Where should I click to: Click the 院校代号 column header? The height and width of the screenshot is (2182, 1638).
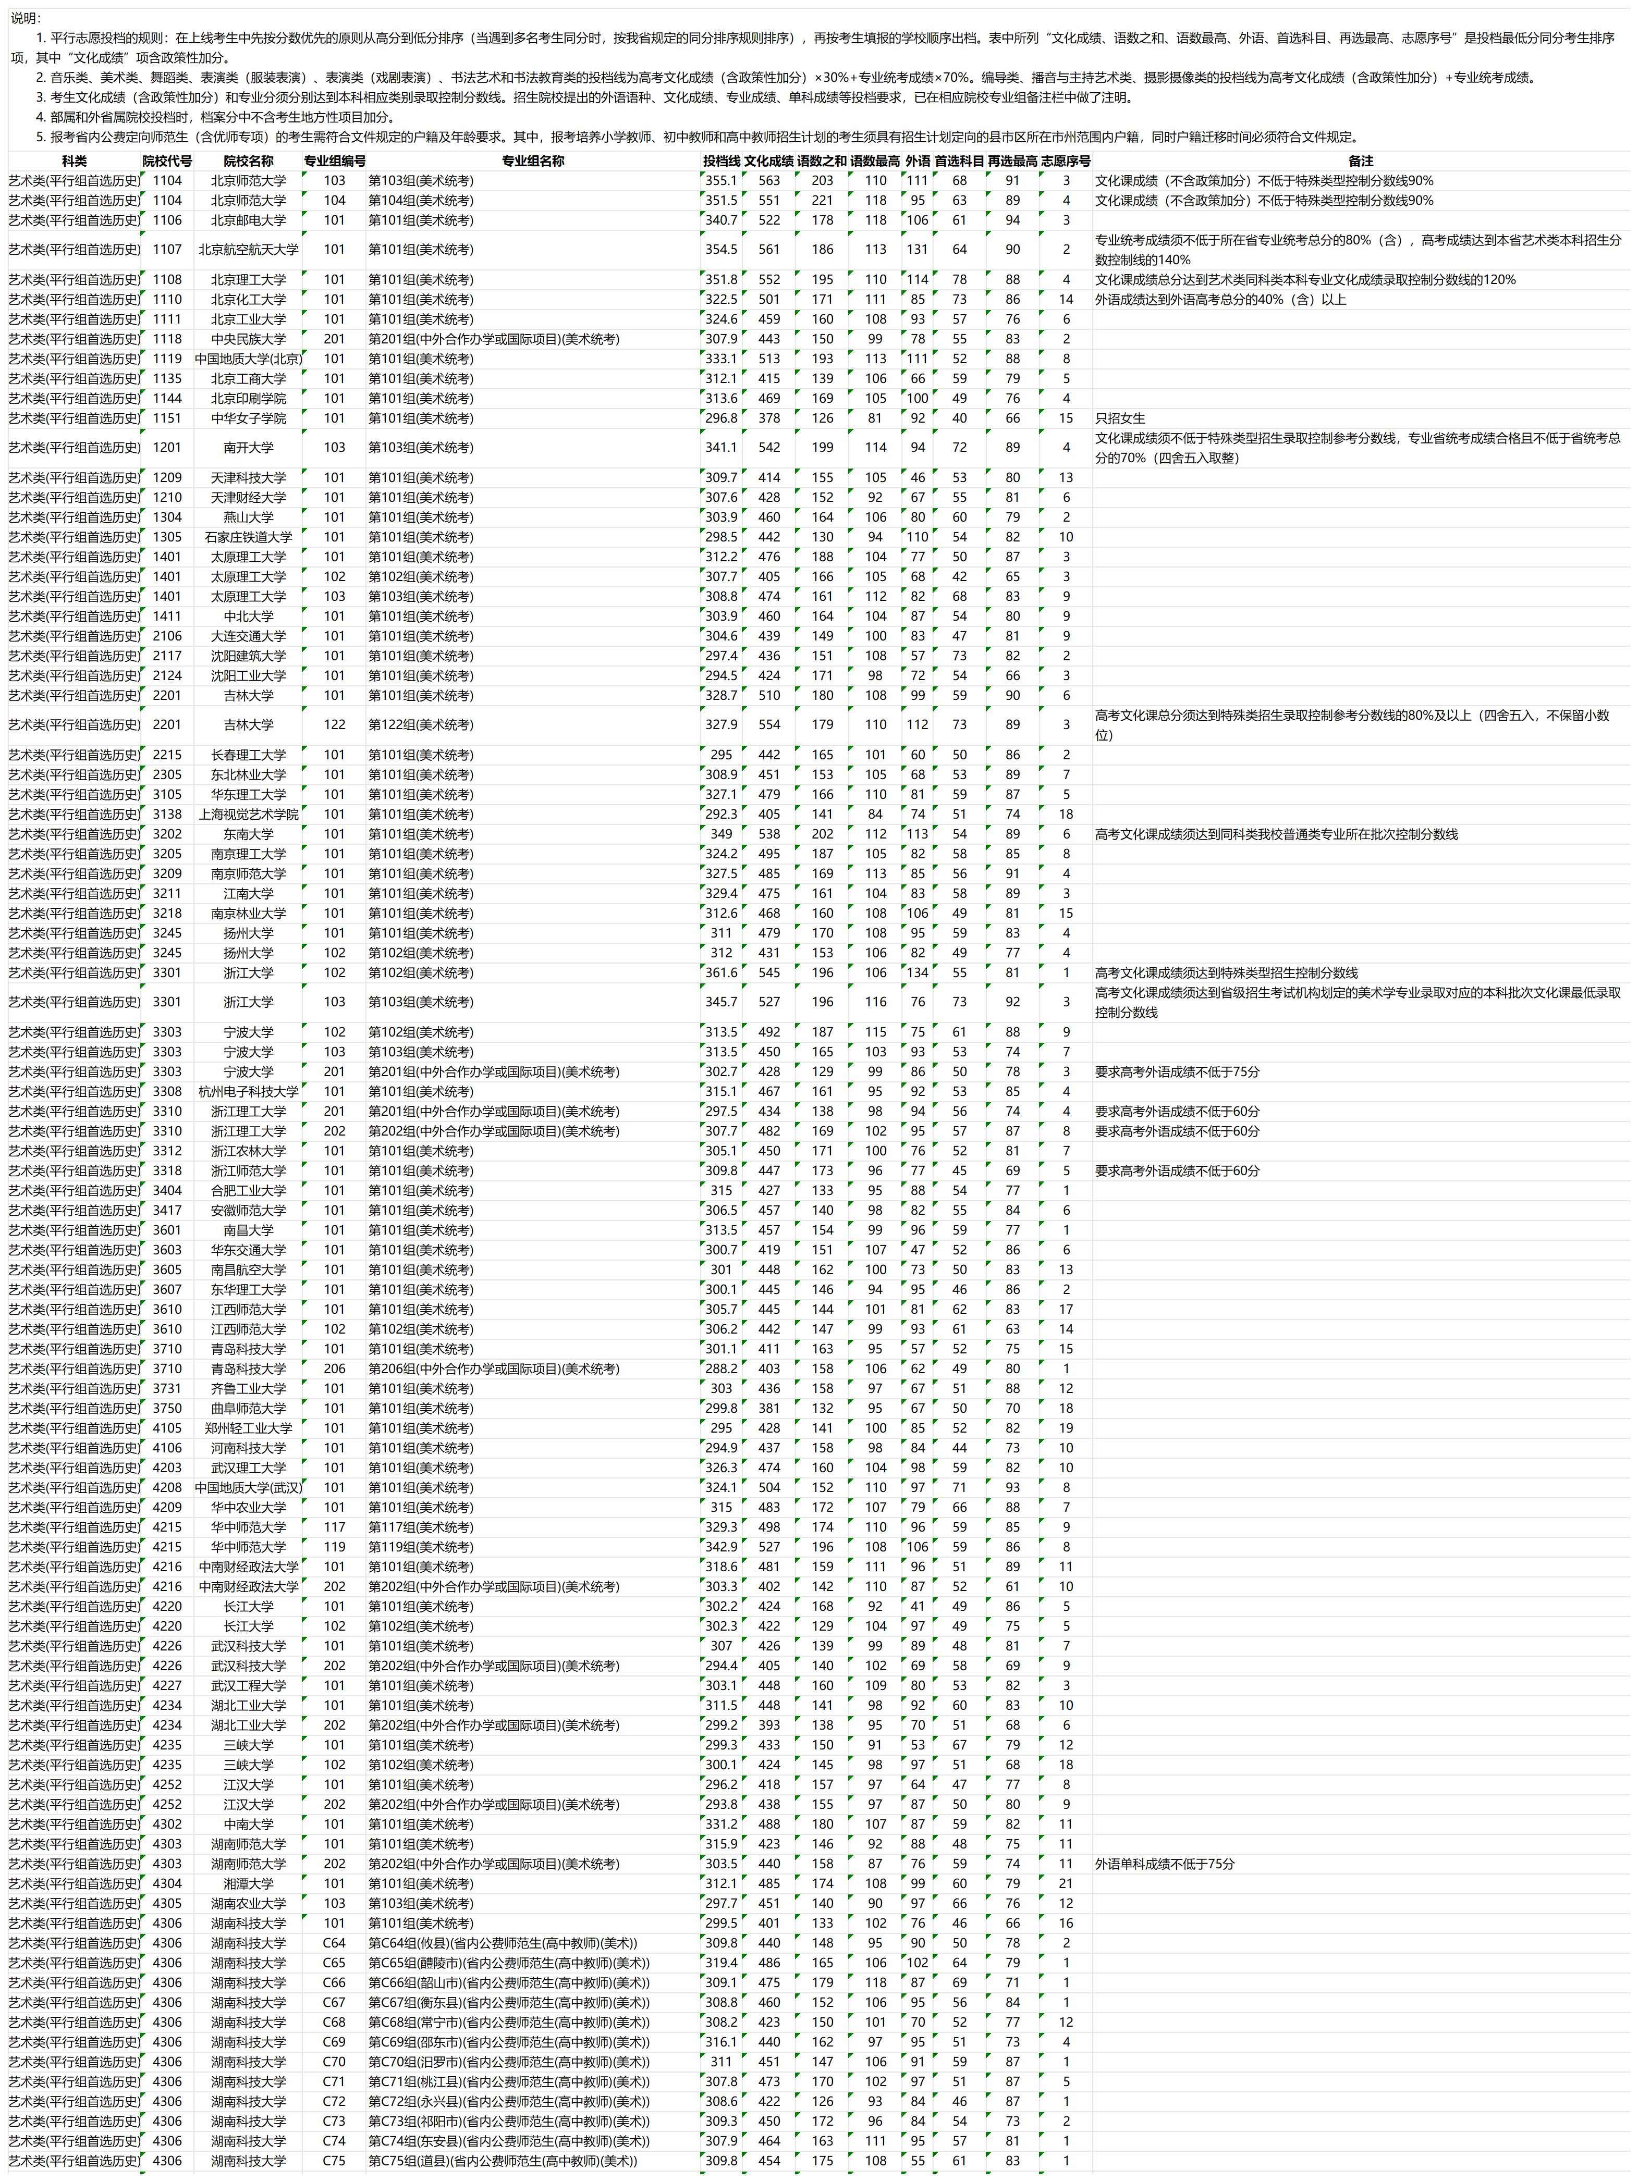[x=167, y=161]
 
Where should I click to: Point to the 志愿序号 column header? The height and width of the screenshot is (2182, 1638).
[x=1066, y=161]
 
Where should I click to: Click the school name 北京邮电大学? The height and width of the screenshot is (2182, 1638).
[x=249, y=220]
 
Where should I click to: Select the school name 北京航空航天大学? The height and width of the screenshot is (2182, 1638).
[x=249, y=250]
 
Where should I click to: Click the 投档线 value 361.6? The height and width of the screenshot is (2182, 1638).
[x=722, y=972]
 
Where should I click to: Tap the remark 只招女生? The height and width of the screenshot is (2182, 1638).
[x=1120, y=418]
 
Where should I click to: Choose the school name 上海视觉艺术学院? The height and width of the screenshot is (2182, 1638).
[x=249, y=814]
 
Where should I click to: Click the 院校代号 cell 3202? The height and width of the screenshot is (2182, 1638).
[x=167, y=833]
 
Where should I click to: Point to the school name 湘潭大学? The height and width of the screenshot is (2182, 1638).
[x=249, y=1883]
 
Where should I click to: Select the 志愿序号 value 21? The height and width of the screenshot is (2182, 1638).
[x=1066, y=1883]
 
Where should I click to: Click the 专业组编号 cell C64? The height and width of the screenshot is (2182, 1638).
[x=335, y=1942]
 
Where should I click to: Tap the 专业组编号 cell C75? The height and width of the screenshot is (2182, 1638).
[x=335, y=2160]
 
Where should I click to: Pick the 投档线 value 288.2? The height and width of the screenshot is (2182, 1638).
[x=722, y=1368]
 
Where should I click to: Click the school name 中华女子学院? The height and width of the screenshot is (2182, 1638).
[x=249, y=418]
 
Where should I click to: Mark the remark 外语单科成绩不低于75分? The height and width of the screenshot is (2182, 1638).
[x=1164, y=1864]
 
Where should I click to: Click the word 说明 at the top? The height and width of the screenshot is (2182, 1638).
[x=26, y=18]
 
